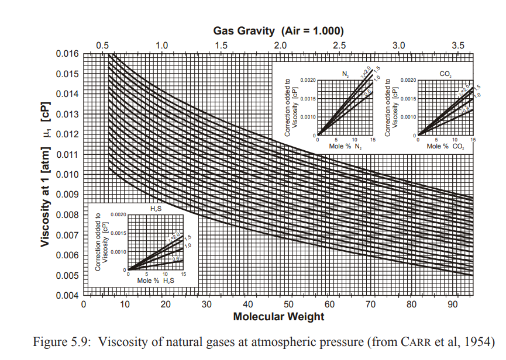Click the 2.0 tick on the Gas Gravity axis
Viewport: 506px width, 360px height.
coord(280,45)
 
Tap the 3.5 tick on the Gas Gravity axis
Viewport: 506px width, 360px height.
coord(458,45)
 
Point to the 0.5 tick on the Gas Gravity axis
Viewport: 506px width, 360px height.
coord(102,45)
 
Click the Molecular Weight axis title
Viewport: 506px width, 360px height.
coord(278,317)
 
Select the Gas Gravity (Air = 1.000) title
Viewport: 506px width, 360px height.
coord(278,31)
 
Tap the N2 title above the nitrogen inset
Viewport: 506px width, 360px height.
coord(346,73)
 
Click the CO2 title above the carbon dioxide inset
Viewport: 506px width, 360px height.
coord(446,73)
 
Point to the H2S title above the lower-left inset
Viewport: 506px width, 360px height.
coord(156,209)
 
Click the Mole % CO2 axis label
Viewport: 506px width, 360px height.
coord(445,146)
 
